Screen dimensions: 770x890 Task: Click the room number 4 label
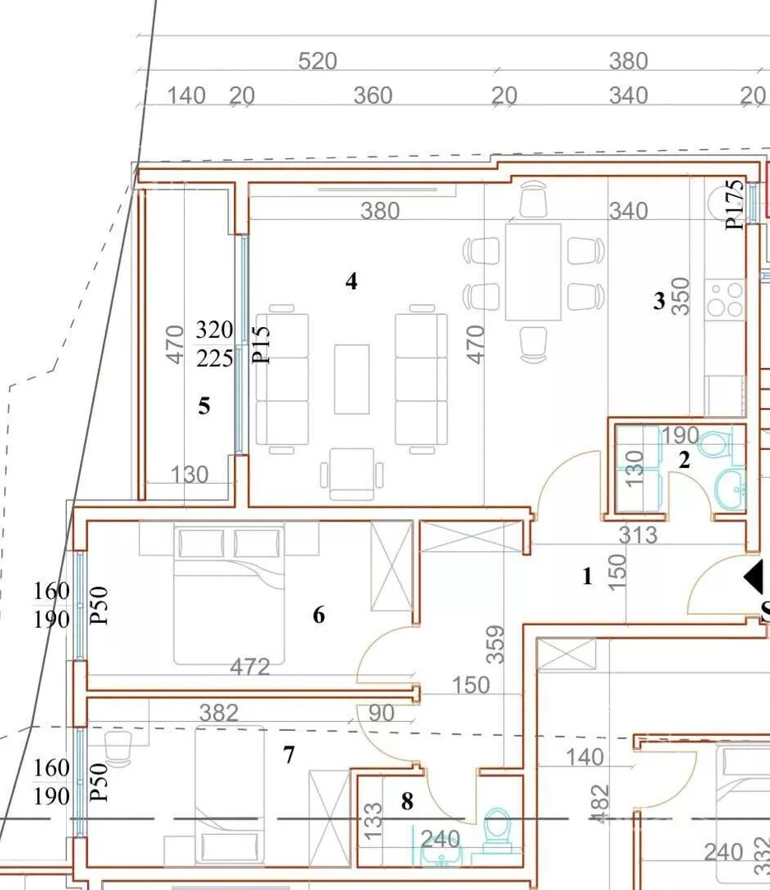tap(351, 282)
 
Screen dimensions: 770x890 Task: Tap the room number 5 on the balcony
tap(204, 405)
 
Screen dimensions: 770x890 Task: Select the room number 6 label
tap(318, 615)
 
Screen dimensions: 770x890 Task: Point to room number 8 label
tap(407, 802)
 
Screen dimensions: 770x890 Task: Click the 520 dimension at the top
tap(317, 61)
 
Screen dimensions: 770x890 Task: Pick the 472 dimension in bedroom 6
tap(250, 667)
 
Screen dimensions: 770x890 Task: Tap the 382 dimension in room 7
tap(219, 713)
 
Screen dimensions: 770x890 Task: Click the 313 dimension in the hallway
tap(638, 536)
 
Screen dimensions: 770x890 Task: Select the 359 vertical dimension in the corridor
tap(495, 644)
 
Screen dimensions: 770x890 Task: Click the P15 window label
tap(261, 344)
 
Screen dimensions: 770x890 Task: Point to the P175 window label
tap(735, 204)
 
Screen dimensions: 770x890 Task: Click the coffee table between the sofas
tap(351, 379)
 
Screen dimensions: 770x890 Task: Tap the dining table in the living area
tap(533, 272)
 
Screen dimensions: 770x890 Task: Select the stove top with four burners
tap(725, 298)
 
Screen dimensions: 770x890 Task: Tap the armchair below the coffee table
tap(351, 474)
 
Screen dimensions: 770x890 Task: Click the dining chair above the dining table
tap(533, 199)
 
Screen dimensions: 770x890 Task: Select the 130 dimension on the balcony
tap(189, 475)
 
